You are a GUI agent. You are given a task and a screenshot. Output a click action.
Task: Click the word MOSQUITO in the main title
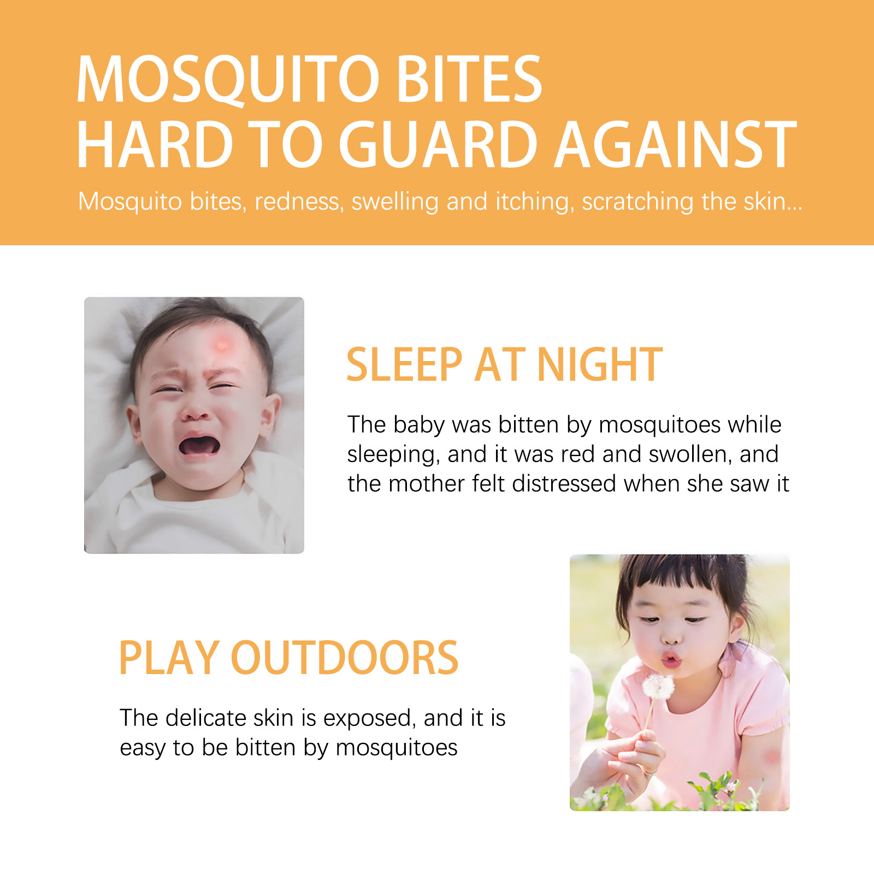[228, 79]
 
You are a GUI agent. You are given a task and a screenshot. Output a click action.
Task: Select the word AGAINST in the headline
[676, 145]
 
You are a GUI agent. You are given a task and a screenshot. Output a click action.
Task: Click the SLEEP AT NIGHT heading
[504, 364]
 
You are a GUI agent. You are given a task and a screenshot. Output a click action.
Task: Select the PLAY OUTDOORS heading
[288, 658]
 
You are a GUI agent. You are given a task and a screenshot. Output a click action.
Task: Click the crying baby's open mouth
[199, 445]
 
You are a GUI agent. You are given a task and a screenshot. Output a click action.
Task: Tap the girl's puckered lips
[671, 659]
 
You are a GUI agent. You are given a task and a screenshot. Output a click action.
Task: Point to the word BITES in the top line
[469, 79]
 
